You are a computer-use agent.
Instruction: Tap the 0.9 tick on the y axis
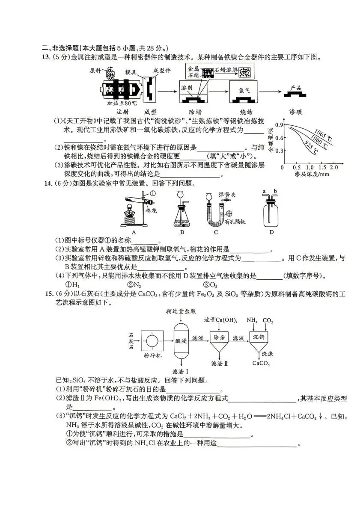click(280, 125)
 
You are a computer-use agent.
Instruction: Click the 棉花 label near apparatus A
click(152, 211)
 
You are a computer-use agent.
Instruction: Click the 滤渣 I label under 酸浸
click(180, 371)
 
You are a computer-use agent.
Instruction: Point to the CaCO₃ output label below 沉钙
click(260, 363)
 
